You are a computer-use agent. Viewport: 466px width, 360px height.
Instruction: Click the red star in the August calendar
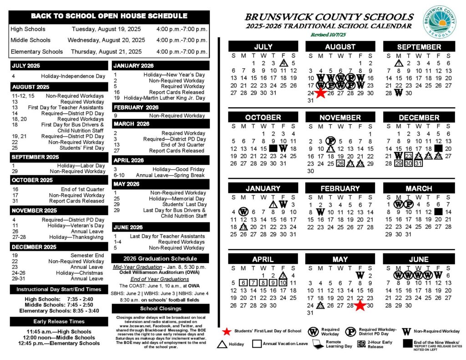tap(320, 93)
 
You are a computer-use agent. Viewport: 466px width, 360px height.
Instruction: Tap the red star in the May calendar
tap(360, 305)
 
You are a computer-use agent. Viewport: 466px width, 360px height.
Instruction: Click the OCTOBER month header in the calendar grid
tap(263, 117)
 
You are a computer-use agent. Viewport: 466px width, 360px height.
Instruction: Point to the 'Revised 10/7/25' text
tap(329, 35)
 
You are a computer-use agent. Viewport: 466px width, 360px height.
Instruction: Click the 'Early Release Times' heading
tap(59, 321)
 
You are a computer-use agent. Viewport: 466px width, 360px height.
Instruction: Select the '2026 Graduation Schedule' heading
tap(161, 259)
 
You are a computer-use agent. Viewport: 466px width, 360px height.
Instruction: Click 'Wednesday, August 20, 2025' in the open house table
tap(106, 40)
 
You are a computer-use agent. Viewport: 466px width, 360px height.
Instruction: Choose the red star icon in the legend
tap(227, 331)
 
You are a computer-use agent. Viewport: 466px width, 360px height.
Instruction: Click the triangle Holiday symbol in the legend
tap(223, 345)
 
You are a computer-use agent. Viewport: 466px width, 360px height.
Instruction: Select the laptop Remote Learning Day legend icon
tap(318, 345)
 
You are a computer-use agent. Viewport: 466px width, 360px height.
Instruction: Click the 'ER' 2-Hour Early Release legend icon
tap(361, 345)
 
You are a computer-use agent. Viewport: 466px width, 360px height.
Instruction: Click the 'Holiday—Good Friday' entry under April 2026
tap(179, 169)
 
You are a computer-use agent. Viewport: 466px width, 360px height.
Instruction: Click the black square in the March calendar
tap(438, 212)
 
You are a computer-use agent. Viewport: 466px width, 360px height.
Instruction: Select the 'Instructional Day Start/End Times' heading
tap(59, 289)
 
